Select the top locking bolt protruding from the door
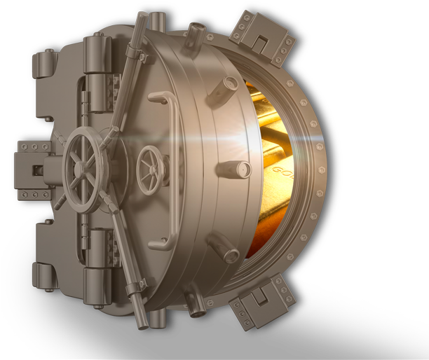click(x=196, y=32)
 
